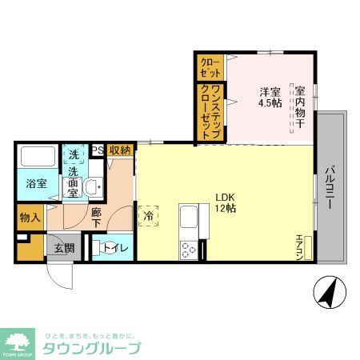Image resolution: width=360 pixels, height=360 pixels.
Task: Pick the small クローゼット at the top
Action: coord(209,66)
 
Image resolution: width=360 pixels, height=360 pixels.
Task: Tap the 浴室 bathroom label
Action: coord(34,183)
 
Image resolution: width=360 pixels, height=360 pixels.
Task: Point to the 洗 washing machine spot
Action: coord(73,154)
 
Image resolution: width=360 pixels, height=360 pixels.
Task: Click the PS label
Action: coord(97,150)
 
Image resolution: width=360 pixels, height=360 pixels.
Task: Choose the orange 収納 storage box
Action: coord(120,150)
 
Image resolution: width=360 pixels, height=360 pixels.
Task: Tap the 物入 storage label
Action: coord(30,217)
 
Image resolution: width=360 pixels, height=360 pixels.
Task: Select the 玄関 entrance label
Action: coord(64,248)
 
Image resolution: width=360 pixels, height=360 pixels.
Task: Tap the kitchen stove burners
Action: coord(190,250)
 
